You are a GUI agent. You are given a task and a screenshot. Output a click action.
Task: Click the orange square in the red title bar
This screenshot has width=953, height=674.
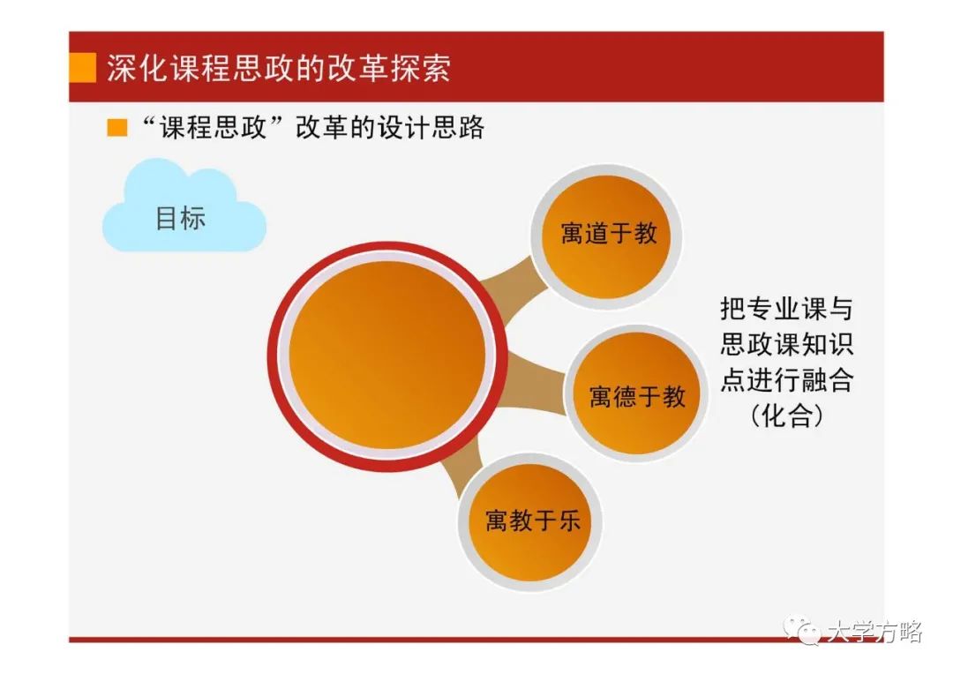83,67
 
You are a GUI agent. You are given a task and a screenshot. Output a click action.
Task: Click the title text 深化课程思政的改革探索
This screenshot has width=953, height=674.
279,67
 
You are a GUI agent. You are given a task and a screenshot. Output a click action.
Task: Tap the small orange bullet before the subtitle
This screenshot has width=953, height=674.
116,128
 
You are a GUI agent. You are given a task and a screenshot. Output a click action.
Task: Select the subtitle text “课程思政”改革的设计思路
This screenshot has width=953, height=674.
312,128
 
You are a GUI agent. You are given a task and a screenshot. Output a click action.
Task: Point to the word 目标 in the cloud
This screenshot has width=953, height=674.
181,218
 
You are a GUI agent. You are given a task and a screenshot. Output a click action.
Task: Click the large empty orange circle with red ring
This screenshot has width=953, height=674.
387,356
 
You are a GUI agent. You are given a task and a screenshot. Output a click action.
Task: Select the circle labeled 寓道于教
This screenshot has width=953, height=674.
607,236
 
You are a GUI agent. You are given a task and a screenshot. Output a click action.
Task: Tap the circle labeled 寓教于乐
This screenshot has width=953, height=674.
530,521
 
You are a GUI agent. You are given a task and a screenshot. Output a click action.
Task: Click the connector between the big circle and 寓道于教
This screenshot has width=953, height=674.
514,281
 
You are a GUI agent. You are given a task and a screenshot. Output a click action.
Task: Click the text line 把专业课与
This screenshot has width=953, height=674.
786,309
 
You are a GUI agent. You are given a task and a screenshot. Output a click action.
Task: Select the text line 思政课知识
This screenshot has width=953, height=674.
786,344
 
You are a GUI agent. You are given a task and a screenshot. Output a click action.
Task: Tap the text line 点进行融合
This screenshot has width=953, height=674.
786,380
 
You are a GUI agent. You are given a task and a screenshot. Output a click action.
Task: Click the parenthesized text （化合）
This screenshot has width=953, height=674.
786,416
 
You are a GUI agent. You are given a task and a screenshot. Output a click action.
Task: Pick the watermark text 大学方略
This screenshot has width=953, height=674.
874,632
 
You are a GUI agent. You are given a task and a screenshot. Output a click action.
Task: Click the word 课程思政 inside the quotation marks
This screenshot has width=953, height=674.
213,128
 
